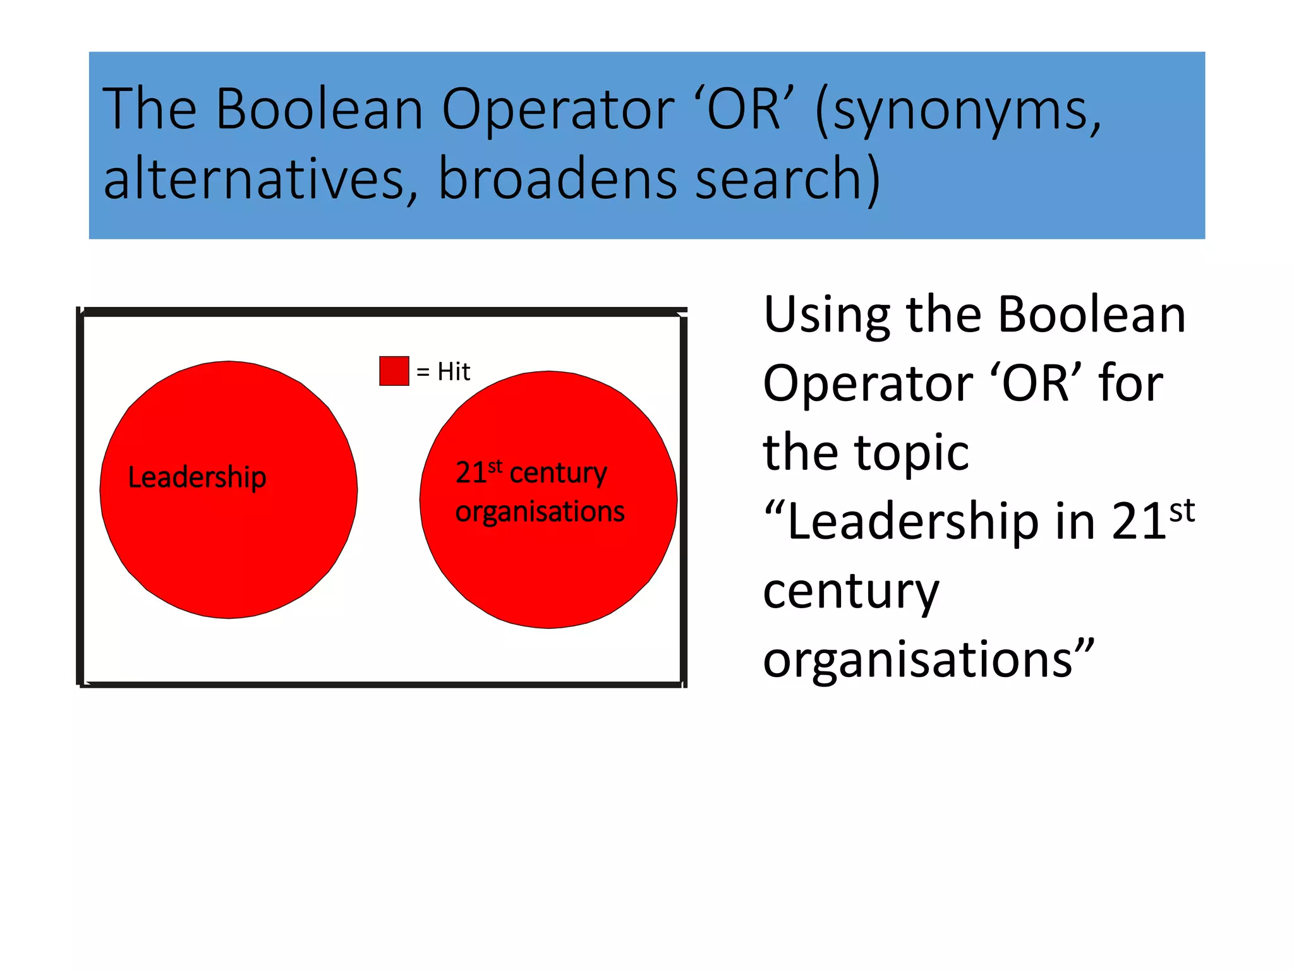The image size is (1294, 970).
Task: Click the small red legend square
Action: tap(394, 371)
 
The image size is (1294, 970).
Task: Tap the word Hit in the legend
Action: tap(454, 372)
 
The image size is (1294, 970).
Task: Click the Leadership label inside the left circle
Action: tap(197, 477)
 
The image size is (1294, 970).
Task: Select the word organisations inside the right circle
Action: tap(540, 512)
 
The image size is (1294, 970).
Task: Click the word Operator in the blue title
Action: tap(558, 109)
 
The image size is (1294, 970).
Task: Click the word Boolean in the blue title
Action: tap(320, 109)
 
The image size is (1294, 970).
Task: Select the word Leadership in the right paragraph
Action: tap(913, 523)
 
